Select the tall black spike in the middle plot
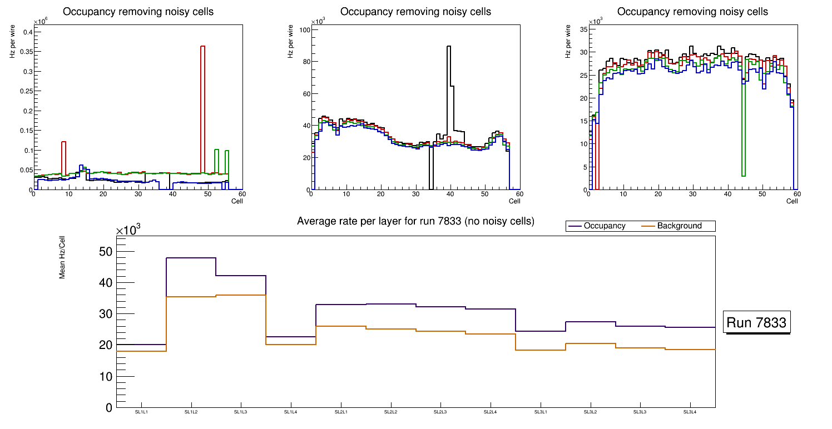pyautogui.click(x=449, y=83)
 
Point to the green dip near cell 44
pyautogui.click(x=744, y=128)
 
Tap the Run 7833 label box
pyautogui.click(x=757, y=323)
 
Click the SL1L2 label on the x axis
pyautogui.click(x=191, y=412)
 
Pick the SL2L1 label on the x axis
pyautogui.click(x=341, y=412)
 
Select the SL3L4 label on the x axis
pyautogui.click(x=690, y=412)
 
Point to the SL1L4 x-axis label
pyautogui.click(x=291, y=412)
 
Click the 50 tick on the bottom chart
pyautogui.click(x=105, y=252)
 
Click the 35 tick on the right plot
pyautogui.click(x=584, y=30)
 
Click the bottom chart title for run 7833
pyautogui.click(x=415, y=221)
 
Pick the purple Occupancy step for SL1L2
pyautogui.click(x=191, y=258)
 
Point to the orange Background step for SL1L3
pyautogui.click(x=241, y=295)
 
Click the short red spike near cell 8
pyautogui.click(x=63, y=158)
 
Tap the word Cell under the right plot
pyautogui.click(x=792, y=201)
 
